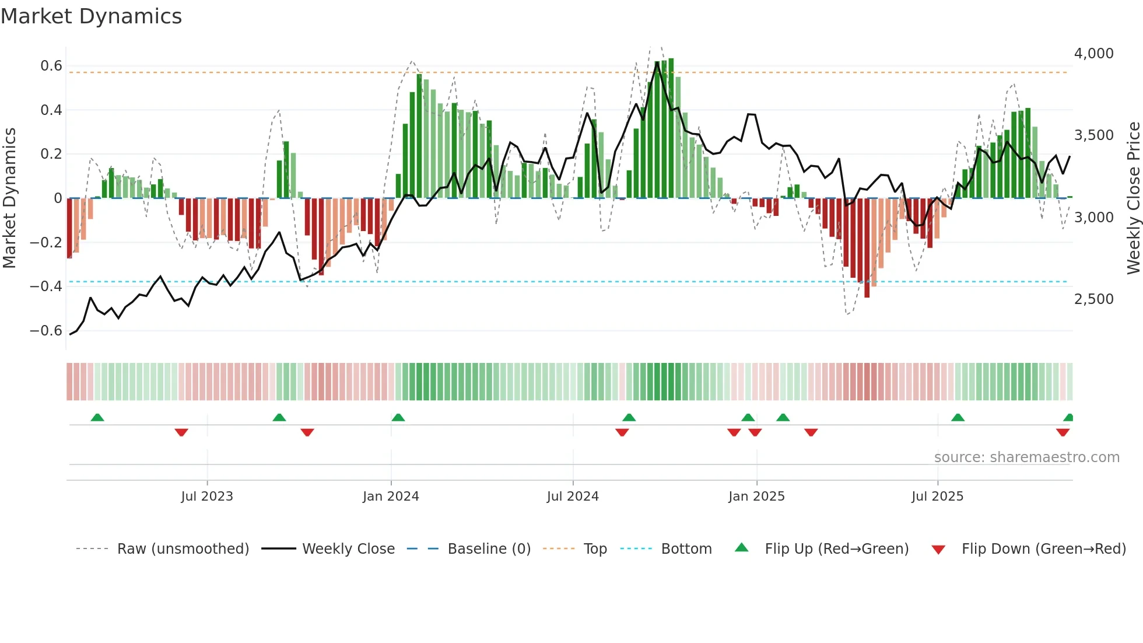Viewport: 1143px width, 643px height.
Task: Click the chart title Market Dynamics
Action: click(x=92, y=16)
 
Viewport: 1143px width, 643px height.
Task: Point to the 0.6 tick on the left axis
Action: click(x=51, y=66)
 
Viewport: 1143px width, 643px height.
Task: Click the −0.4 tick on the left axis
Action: click(x=46, y=286)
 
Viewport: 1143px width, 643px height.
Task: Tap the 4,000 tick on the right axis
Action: click(x=1093, y=54)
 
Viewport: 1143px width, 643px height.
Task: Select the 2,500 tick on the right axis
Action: click(x=1093, y=299)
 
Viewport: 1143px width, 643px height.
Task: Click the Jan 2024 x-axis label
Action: click(x=391, y=497)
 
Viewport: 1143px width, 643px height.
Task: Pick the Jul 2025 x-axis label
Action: click(x=937, y=497)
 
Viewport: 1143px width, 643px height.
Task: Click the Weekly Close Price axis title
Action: click(x=1133, y=198)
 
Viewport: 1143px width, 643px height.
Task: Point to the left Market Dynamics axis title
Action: click(x=9, y=198)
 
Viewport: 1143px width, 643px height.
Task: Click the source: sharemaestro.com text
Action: click(x=1026, y=457)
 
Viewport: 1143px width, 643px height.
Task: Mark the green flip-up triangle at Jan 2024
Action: click(x=398, y=418)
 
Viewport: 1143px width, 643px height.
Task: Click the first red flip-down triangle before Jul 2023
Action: click(x=181, y=432)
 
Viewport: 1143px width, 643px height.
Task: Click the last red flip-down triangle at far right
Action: click(x=1063, y=432)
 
